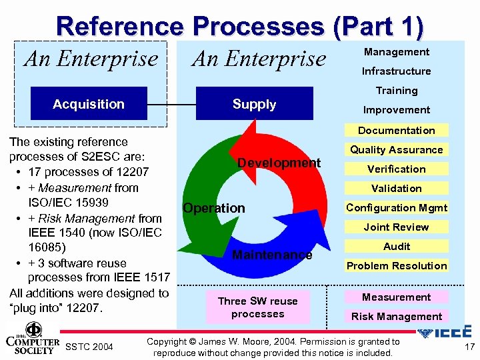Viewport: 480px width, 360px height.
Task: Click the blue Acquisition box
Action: click(89, 104)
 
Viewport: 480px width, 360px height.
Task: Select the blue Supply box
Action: click(254, 104)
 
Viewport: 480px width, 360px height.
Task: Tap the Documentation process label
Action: click(396, 131)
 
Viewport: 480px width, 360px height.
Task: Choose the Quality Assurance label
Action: click(396, 150)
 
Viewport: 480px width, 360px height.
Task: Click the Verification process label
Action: click(396, 169)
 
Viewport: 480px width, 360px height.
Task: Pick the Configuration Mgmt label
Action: click(396, 208)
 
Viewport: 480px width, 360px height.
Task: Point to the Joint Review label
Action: click(396, 227)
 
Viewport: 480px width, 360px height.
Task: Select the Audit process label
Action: click(396, 247)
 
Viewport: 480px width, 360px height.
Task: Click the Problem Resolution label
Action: click(396, 266)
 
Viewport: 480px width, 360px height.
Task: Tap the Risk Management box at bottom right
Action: click(396, 317)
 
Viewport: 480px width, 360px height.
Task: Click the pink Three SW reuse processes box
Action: click(257, 307)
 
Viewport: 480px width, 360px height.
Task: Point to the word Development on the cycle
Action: click(279, 163)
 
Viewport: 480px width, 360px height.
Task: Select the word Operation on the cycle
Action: click(214, 208)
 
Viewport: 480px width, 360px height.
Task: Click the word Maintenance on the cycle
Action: click(271, 255)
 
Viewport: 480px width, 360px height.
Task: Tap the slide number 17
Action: click(469, 347)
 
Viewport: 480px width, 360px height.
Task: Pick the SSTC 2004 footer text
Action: click(89, 347)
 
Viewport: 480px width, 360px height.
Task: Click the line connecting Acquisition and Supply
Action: click(171, 105)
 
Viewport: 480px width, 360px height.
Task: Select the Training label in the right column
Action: click(396, 91)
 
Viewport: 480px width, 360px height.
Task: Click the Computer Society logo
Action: click(33, 337)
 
